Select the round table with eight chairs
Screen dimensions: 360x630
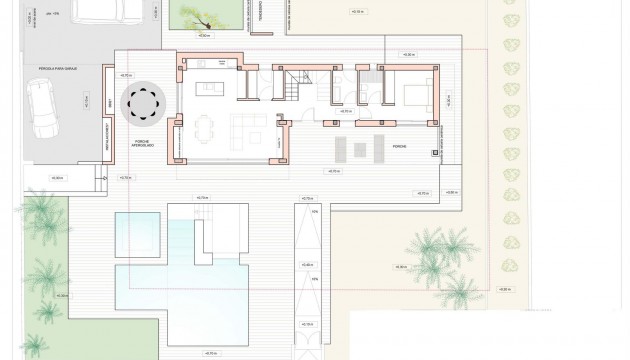pos(143,101)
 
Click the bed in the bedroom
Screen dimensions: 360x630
pos(416,97)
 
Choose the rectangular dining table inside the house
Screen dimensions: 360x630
pos(204,129)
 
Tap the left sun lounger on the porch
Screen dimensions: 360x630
pos(338,148)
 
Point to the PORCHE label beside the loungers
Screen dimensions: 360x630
pos(399,147)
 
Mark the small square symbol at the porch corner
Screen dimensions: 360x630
pos(435,153)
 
